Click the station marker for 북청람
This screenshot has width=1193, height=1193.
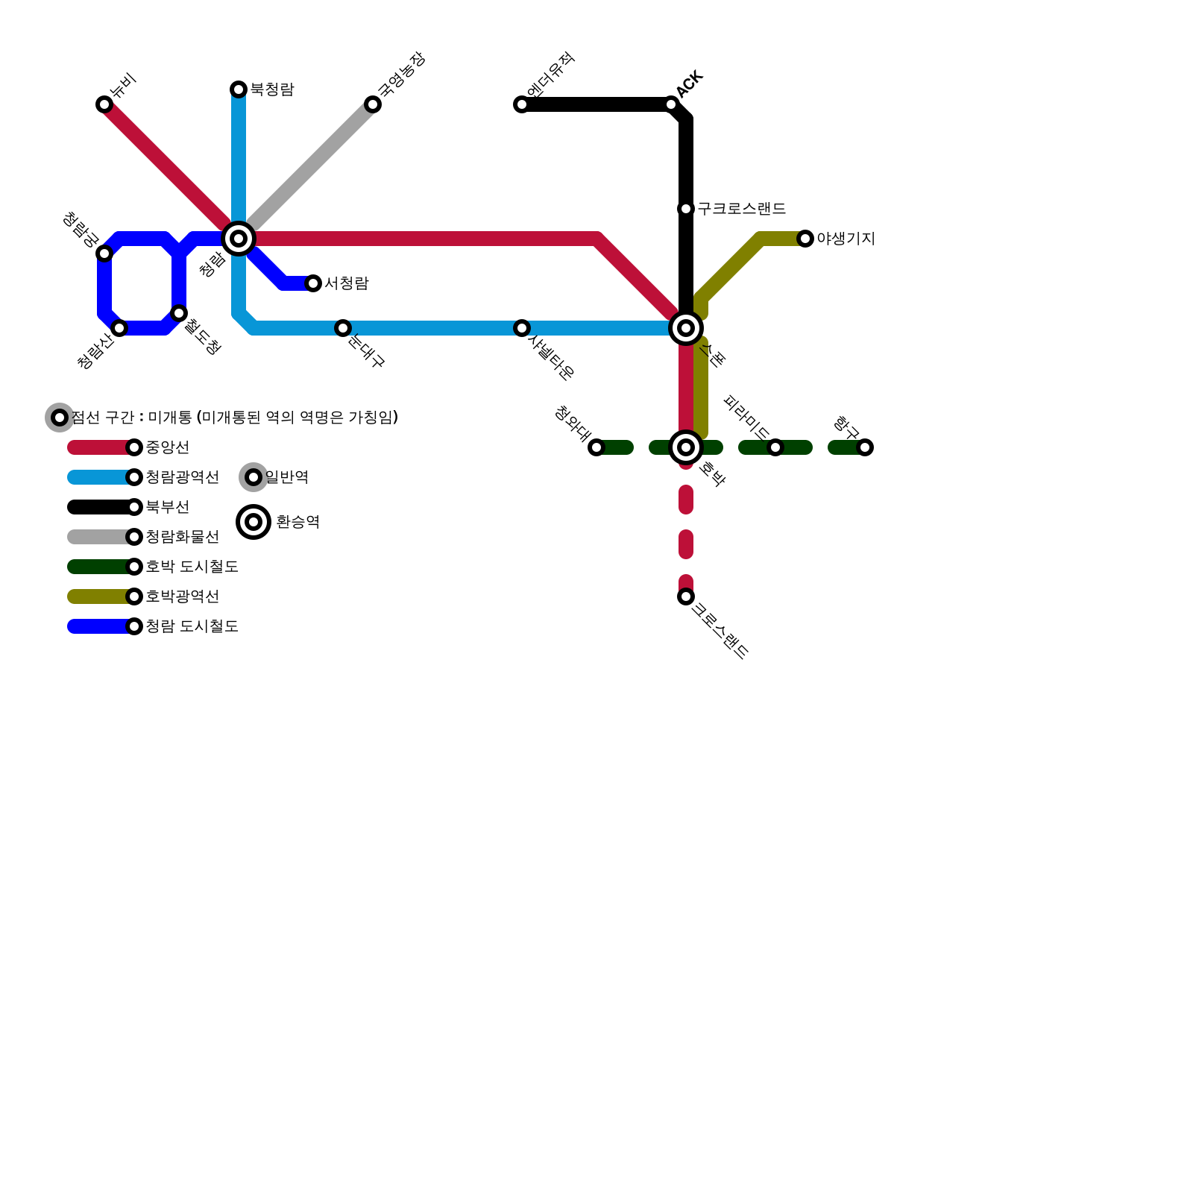tap(239, 89)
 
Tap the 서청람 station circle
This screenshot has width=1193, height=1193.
tap(313, 283)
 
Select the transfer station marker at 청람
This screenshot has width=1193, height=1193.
tap(239, 239)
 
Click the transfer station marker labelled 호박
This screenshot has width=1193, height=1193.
tap(686, 447)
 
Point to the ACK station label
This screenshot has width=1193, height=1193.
tap(690, 84)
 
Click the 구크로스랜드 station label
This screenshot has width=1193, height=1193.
tap(741, 209)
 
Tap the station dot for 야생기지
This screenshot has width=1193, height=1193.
tap(805, 239)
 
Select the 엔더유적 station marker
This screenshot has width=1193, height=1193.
tap(522, 104)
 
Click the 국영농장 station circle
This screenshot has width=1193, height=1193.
tap(373, 104)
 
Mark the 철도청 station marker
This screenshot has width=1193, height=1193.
tap(179, 313)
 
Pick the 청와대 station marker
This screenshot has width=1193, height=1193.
tap(596, 447)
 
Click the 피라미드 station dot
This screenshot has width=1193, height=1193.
tap(775, 447)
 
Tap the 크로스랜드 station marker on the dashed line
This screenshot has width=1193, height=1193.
tap(686, 596)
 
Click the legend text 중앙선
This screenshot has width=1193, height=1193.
tap(167, 447)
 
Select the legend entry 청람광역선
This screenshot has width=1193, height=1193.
tap(182, 477)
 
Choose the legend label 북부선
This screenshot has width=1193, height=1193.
tap(167, 507)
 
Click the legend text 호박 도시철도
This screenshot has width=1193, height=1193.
tap(192, 567)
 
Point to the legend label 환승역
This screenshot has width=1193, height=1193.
tap(298, 522)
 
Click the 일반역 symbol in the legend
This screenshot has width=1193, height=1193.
tap(254, 477)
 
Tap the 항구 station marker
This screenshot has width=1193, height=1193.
tap(865, 447)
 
